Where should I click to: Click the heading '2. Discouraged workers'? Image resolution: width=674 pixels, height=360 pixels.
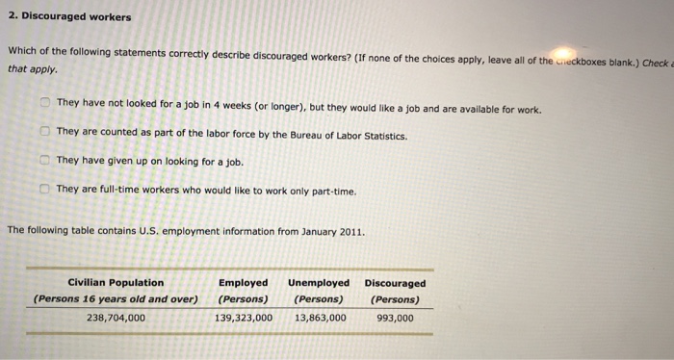click(x=69, y=17)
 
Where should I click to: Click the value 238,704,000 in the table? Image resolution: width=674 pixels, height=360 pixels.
click(x=116, y=317)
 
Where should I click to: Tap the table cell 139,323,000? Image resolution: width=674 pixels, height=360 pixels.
click(x=244, y=317)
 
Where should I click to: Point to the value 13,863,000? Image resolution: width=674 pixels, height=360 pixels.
click(x=320, y=317)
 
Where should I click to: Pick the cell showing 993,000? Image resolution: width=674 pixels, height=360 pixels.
click(x=395, y=317)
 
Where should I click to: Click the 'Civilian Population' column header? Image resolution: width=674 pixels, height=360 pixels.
click(x=116, y=283)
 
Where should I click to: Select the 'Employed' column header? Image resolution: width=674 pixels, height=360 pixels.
click(x=244, y=283)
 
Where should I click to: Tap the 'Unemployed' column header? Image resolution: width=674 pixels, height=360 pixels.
click(x=319, y=283)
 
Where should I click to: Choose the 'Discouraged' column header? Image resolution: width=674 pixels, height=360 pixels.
click(x=395, y=283)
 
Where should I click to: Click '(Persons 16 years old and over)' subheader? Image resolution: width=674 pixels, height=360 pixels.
click(x=116, y=299)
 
